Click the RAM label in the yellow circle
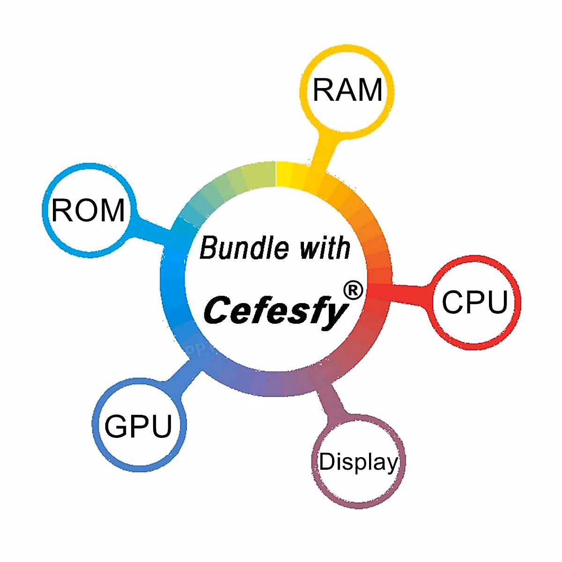tap(348, 90)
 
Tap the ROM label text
tap(88, 210)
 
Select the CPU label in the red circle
tap(475, 302)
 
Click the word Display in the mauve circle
tap(358, 463)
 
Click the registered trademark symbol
tap(353, 291)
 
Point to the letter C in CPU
tap(452, 302)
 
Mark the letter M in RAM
tap(370, 90)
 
